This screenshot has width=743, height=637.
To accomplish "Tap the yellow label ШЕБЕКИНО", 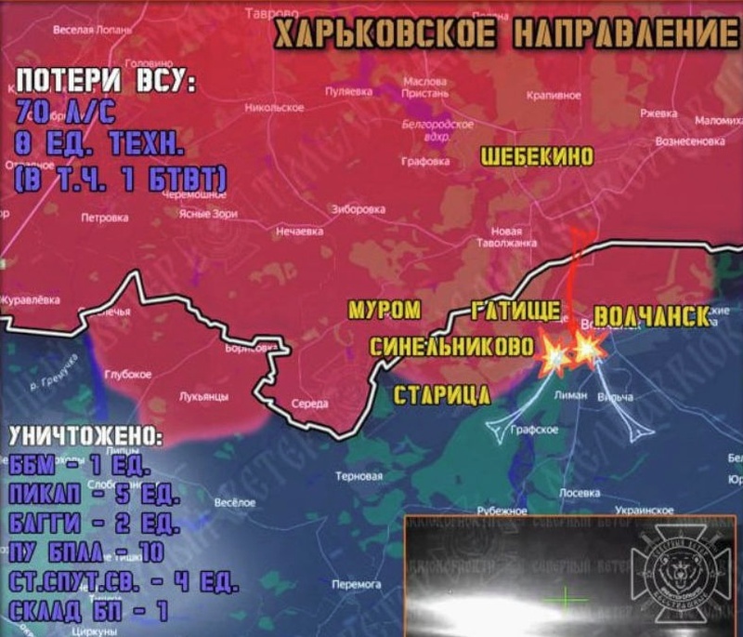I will coord(537,159).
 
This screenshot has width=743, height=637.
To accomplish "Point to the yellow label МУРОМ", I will coord(384,310).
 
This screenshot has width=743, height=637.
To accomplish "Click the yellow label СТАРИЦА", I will coord(442,395).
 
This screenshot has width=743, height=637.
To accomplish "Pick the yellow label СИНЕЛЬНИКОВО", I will coord(452,347).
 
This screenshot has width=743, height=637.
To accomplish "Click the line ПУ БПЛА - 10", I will coord(84,552).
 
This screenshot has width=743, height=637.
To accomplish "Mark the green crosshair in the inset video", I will coord(565,600).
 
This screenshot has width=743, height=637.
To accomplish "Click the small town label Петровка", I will coord(105,219).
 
